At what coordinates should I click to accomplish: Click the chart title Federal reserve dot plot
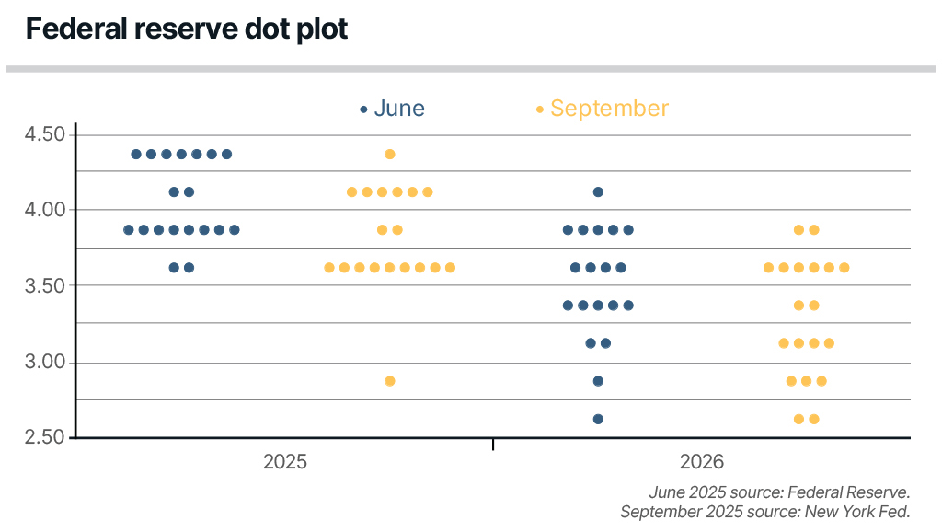point(187,29)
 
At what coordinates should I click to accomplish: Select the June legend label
point(399,109)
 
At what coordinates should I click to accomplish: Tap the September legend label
point(609,109)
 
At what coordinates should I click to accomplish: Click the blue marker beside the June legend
point(363,110)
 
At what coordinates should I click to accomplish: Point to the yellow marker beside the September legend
point(540,110)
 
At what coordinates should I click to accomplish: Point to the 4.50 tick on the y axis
point(45,134)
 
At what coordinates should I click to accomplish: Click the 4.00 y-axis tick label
point(45,210)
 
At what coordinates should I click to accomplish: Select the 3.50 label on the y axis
point(45,285)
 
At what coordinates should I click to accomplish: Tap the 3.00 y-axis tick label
point(45,362)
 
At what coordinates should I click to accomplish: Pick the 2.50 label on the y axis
point(45,437)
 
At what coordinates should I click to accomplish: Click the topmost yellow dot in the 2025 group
point(389,154)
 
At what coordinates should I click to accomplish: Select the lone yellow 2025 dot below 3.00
point(389,381)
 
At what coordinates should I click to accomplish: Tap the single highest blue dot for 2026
point(598,192)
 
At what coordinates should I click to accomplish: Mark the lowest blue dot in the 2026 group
point(598,419)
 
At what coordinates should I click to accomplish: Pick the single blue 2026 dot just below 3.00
point(598,381)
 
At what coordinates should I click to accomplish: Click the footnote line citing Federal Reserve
point(778,492)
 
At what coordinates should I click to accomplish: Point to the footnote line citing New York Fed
point(764,512)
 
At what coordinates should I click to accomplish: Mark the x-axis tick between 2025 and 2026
point(493,445)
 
